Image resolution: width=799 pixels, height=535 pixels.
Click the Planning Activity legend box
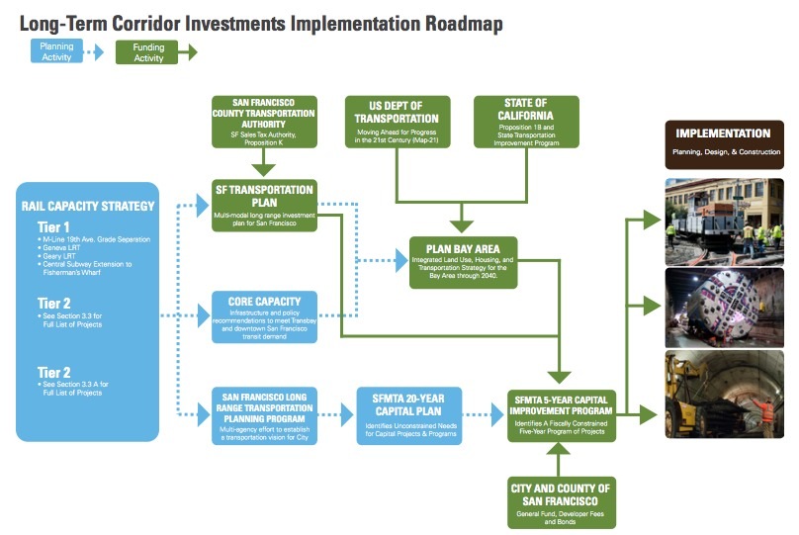56,51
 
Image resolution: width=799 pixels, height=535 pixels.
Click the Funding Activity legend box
147,51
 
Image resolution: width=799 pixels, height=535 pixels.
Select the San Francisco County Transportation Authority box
264,121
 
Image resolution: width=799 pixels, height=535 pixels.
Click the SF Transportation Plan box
264,205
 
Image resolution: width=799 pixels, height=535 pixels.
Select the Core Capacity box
264,315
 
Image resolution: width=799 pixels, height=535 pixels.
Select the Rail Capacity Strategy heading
88,207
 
